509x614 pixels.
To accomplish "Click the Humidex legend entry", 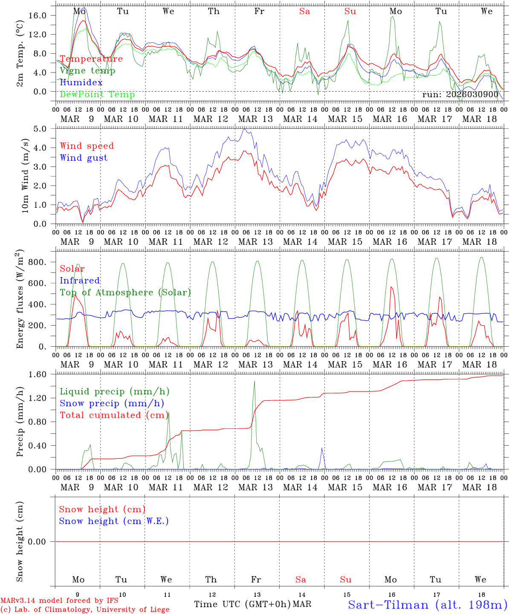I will click(81, 83).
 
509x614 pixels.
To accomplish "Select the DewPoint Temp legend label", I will click(97, 95).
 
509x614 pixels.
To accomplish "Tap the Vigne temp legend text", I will click(87, 71).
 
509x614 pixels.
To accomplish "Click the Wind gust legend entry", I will click(84, 158).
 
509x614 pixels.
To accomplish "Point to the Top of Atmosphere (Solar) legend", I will click(125, 293).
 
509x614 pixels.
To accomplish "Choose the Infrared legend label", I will click(80, 281).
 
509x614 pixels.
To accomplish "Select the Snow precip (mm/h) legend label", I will click(112, 403).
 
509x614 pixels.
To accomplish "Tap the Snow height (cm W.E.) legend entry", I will click(114, 521).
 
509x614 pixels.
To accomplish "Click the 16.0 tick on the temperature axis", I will click(43, 15).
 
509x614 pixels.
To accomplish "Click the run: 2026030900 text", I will click(460, 95).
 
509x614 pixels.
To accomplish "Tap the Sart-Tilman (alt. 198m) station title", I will click(428, 605).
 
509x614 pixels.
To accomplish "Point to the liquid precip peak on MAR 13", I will click(254, 381).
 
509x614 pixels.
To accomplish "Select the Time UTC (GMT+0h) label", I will click(242, 604).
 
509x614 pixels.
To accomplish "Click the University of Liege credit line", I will click(85, 610).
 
